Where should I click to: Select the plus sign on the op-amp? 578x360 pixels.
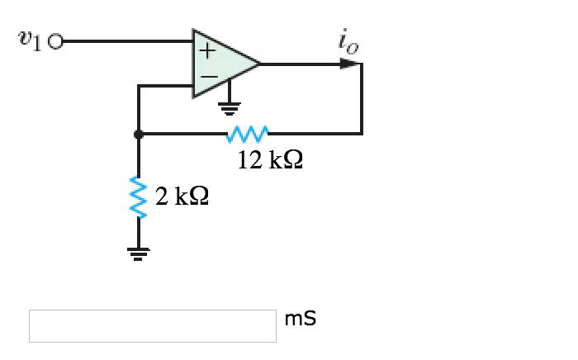coord(206,50)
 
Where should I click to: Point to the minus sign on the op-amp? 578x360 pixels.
coord(207,76)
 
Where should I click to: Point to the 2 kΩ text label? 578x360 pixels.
coord(181,196)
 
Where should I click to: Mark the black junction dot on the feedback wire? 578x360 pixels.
coord(139,132)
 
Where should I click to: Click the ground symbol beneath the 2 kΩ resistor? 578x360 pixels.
coord(138,252)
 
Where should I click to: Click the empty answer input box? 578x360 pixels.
coord(153,325)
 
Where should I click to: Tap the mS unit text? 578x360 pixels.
coord(300,318)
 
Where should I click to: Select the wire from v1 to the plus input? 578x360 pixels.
coord(124,40)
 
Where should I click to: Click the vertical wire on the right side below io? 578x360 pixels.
coord(362,99)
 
